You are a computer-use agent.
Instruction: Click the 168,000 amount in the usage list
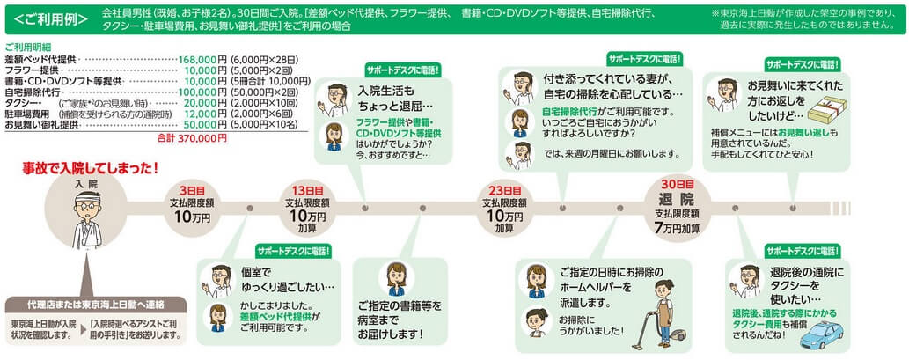[198, 59]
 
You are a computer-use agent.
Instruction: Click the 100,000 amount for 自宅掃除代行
[198, 92]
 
